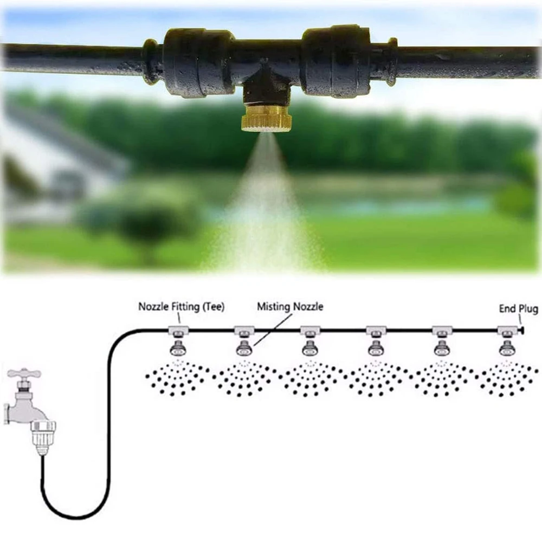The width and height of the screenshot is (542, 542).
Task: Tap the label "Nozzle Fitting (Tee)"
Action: click(181, 307)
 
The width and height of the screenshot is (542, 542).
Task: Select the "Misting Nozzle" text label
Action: click(290, 307)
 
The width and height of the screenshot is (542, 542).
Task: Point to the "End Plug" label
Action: click(518, 309)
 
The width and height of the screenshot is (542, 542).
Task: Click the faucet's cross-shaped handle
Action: click(24, 374)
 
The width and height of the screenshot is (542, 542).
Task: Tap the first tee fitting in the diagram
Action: click(177, 330)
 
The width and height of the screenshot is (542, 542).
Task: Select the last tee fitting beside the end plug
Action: click(507, 330)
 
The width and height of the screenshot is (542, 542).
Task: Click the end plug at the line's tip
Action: click(521, 330)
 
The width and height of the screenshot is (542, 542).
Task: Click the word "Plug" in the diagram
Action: click(528, 309)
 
